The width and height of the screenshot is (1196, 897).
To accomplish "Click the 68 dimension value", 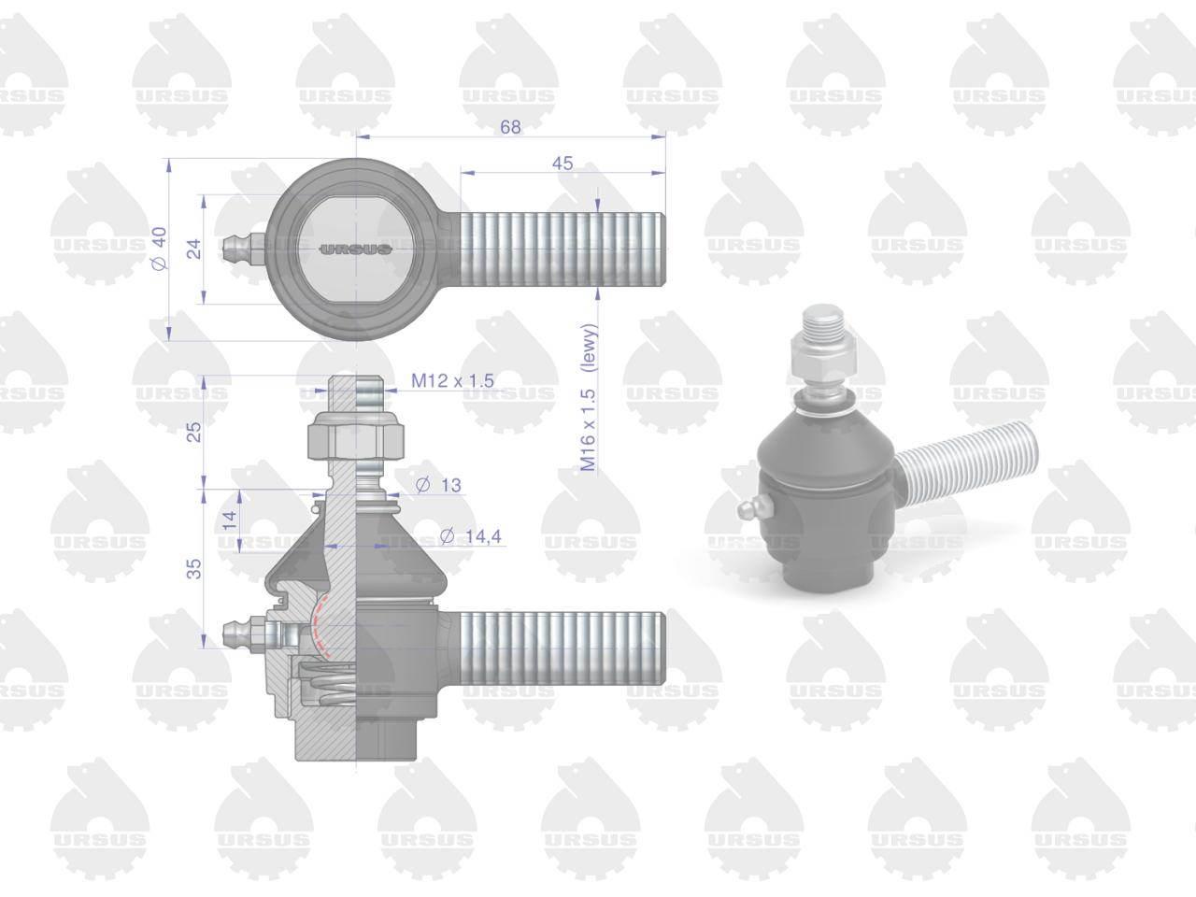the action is tap(510, 127).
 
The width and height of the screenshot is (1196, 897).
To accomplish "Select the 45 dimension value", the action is tap(562, 164).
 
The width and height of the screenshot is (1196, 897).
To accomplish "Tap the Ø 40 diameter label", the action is tap(160, 249).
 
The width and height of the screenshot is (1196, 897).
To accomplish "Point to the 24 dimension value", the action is tap(194, 249).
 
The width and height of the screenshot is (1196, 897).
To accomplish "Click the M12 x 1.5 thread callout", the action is tap(452, 380).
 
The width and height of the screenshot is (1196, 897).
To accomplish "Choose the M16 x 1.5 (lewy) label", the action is tap(589, 398).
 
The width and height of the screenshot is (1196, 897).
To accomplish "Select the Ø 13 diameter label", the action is tap(438, 485).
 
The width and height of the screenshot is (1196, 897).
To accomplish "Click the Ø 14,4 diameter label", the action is tap(470, 536).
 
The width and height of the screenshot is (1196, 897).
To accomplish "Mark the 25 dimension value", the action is tap(194, 432).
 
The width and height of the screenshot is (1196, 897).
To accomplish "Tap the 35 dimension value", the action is tap(194, 569).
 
